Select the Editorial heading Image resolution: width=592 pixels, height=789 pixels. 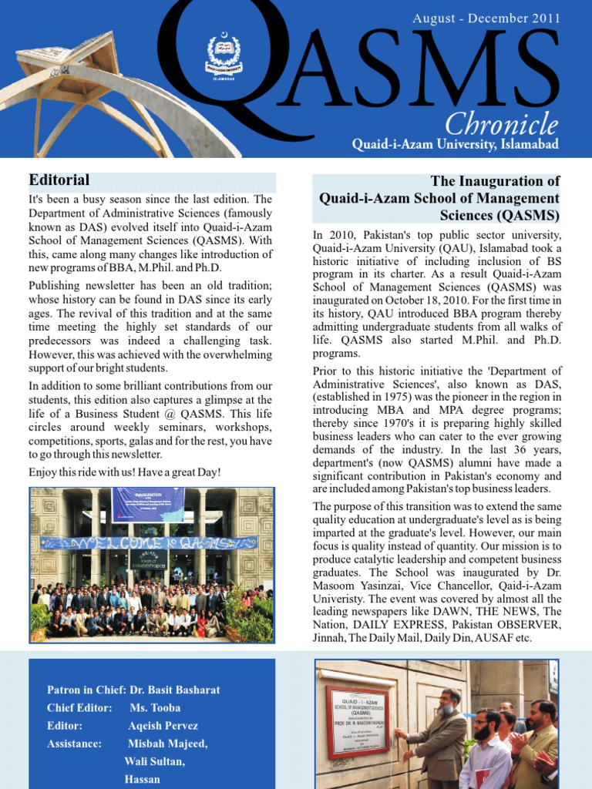point(59,180)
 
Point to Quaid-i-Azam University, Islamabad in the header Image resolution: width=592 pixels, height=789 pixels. point(456,144)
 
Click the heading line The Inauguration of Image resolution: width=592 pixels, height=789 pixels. point(495,181)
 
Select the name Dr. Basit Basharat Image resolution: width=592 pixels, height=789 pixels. point(184,690)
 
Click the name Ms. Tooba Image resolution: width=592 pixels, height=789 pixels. point(155,707)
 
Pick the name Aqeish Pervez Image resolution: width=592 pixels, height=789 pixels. point(163,726)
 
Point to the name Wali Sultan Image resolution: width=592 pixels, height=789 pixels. point(154,761)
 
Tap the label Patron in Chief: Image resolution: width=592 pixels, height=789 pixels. point(81,690)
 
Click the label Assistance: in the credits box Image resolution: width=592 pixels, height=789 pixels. point(74,744)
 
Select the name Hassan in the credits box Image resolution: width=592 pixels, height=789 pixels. point(142,779)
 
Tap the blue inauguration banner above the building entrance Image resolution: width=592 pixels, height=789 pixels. point(148,505)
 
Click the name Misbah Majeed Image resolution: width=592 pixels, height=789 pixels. point(167,744)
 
